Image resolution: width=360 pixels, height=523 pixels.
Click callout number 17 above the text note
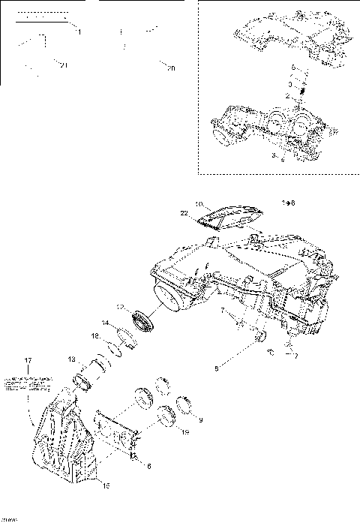28,361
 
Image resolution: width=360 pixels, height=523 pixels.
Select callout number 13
71,359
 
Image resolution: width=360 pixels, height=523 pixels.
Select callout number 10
199,204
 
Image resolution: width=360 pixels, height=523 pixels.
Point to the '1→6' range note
288,203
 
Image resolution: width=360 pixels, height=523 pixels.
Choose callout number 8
216,368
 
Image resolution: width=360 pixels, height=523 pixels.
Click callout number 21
64,68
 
